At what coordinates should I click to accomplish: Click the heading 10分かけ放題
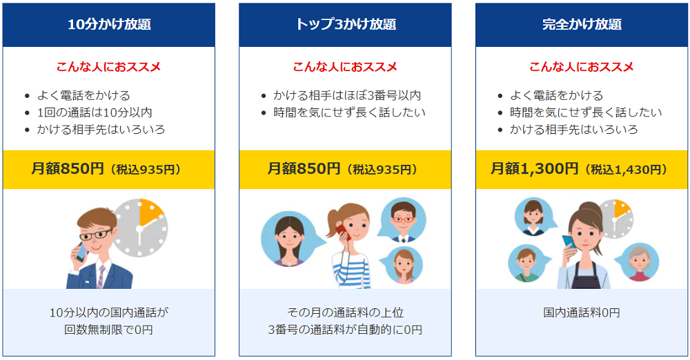(x=109, y=25)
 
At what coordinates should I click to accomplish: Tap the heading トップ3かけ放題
(x=345, y=25)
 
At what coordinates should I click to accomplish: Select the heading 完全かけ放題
(x=582, y=25)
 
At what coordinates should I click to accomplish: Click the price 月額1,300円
(x=534, y=169)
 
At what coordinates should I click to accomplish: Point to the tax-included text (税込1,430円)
(x=626, y=170)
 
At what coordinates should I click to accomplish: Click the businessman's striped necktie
(x=100, y=276)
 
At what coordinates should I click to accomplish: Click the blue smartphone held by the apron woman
(x=567, y=243)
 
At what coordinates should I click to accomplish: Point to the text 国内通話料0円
(x=582, y=312)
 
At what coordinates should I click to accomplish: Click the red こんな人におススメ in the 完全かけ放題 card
(x=582, y=67)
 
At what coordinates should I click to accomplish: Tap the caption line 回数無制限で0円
(x=109, y=330)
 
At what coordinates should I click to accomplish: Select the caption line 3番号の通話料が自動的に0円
(x=345, y=330)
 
